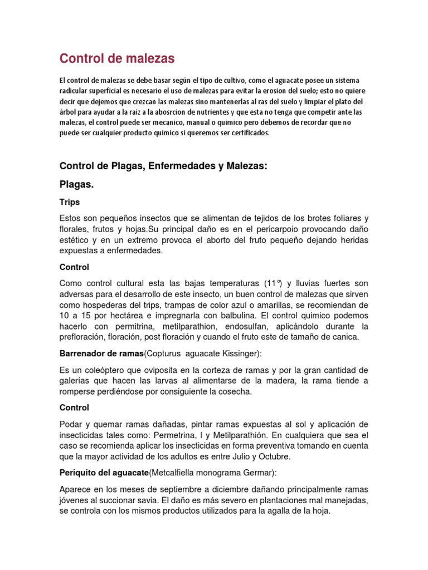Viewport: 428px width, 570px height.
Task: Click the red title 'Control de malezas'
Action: (117, 58)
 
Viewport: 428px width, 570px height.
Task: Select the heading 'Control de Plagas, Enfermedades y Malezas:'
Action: (164, 166)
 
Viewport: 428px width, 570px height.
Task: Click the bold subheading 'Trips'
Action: (70, 202)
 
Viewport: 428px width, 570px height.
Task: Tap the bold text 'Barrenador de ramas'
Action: (101, 353)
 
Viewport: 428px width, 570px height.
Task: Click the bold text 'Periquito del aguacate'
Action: (104, 473)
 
